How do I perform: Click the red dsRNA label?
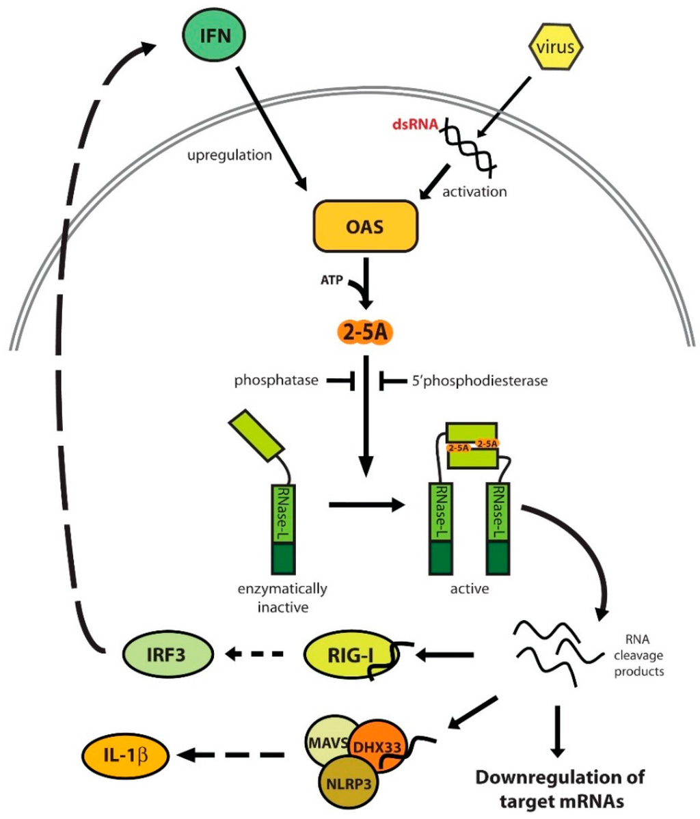(x=412, y=125)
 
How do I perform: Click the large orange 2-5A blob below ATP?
(x=367, y=334)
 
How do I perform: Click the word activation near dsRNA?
(x=474, y=191)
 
